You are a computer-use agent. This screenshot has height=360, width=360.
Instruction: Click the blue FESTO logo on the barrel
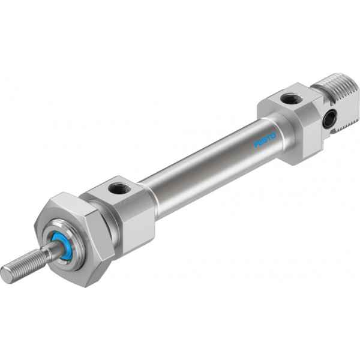pos(265,140)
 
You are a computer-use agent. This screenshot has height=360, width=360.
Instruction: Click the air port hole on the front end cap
pos(119,188)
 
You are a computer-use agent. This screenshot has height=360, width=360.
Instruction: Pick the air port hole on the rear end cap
pos(292,99)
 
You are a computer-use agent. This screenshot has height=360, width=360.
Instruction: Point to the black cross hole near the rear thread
pos(330,118)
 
